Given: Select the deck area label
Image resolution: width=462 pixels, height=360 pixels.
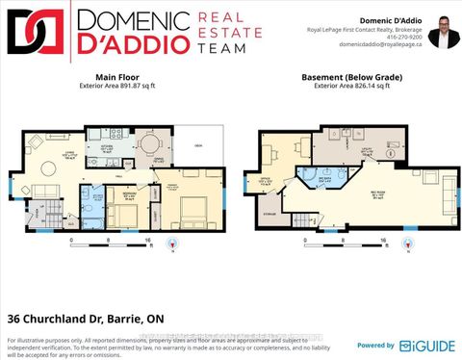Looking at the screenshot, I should [197, 144].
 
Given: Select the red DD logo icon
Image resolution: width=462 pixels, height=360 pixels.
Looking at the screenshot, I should [33, 34].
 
